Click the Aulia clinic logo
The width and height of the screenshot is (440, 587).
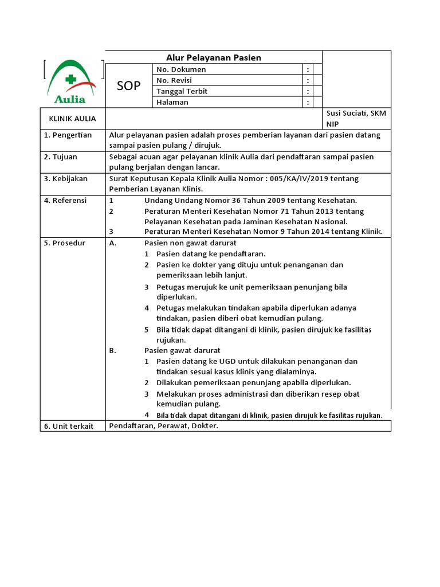point(73,82)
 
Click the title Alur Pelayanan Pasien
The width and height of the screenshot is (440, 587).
point(214,57)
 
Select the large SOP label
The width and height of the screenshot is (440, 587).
point(128,86)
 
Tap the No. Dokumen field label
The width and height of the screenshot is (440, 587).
point(181,69)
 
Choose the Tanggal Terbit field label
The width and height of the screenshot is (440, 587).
point(182,91)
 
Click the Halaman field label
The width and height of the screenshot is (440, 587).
point(172,102)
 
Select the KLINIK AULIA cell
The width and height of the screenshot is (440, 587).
point(73,119)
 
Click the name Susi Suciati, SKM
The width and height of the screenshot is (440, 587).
point(356,113)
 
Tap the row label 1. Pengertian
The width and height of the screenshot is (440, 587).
point(68,135)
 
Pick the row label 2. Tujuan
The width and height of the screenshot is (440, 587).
point(61,156)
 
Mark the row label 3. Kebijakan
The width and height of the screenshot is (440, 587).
point(66,178)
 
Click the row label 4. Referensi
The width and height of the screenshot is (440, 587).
point(65,200)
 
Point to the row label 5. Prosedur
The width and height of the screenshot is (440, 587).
point(65,243)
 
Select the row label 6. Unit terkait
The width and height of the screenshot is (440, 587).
point(69,426)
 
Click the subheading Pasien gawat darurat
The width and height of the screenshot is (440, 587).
point(182,350)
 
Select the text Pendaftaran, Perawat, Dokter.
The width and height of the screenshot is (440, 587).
point(164,426)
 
